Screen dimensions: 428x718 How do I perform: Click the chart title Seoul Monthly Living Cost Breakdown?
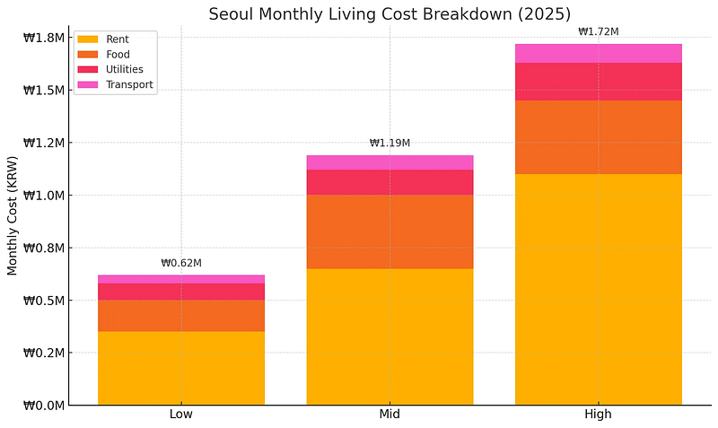tap(390, 13)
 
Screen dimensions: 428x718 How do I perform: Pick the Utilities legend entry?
tap(117, 70)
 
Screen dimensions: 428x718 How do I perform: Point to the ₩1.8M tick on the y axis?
tap(43, 38)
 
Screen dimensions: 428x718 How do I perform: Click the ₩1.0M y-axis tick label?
tap(43, 196)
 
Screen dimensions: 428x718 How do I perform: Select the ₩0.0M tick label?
tap(43, 406)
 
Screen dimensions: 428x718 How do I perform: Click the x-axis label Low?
tap(180, 415)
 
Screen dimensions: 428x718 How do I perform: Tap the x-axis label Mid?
tap(390, 415)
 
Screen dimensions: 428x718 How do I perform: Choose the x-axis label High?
tap(598, 415)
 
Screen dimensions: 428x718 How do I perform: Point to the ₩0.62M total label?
tap(180, 264)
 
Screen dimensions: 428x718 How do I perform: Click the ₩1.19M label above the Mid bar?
tap(390, 144)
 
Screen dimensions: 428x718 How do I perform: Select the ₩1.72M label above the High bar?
tap(598, 32)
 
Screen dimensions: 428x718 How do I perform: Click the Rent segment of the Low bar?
tap(180, 368)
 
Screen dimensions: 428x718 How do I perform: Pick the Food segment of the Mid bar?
tap(390, 231)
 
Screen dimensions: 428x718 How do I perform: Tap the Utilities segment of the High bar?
tap(598, 82)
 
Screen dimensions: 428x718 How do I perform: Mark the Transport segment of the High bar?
tap(598, 53)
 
